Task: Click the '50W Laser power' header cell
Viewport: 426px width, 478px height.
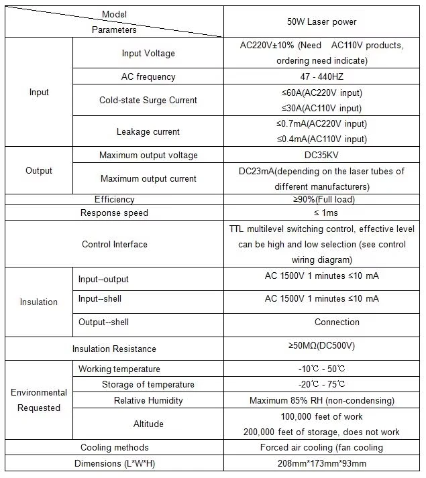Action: tap(321, 22)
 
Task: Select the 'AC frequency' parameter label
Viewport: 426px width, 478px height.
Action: tap(148, 77)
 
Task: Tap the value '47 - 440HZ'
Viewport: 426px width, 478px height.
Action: tap(321, 77)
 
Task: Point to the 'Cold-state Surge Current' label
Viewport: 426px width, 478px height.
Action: tap(148, 101)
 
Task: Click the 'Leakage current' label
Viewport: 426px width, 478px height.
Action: tap(148, 132)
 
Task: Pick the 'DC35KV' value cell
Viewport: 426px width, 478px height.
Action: tap(321, 156)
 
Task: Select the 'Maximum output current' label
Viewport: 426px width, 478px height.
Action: tap(148, 179)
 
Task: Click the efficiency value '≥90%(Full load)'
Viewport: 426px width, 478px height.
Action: tap(321, 199)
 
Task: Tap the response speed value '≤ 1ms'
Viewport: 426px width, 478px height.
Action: tap(321, 213)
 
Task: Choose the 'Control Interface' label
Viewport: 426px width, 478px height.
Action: tap(114, 245)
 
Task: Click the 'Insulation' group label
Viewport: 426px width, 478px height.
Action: tap(39, 302)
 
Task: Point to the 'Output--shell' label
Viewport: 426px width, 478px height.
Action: tap(103, 322)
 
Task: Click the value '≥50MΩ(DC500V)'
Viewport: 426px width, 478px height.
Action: tap(321, 346)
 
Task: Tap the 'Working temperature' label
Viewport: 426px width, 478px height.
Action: tap(119, 369)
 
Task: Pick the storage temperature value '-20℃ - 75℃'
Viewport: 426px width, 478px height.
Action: tap(321, 385)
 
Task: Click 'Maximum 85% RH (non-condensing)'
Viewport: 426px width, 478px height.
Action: tap(321, 401)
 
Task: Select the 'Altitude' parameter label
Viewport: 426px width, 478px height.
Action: tap(148, 424)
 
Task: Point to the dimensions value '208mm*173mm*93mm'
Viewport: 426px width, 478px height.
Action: tap(321, 463)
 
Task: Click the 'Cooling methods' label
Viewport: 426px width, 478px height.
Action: tap(114, 448)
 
